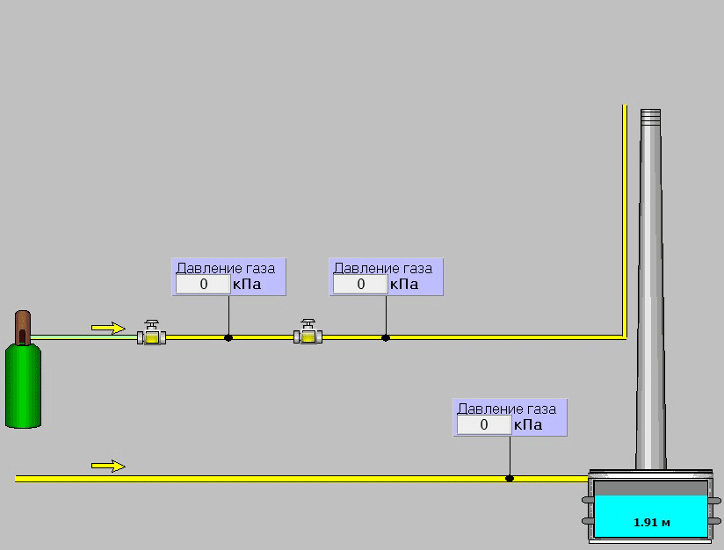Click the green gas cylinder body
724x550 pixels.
[23, 386]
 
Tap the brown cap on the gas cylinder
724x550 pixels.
[23, 328]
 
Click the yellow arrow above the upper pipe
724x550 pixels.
[108, 328]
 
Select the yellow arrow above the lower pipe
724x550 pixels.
[108, 466]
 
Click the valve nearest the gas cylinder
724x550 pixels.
[151, 333]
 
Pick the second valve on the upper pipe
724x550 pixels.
[308, 332]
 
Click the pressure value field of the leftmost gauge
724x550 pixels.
[203, 284]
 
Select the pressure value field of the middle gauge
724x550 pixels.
[360, 284]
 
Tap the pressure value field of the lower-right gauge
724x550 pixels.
[484, 424]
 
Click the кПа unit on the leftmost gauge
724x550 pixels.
[247, 284]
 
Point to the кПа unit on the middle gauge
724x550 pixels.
[404, 284]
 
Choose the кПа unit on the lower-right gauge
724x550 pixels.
[528, 424]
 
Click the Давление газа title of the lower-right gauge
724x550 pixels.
[506, 409]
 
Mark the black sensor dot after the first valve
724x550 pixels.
[228, 338]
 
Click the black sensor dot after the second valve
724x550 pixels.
[386, 338]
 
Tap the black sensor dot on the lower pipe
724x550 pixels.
[510, 479]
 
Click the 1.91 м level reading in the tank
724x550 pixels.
[651, 522]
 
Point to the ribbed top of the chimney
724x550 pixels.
[650, 118]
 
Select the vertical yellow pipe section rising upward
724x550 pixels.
[625, 221]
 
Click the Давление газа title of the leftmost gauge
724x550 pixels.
[226, 268]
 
